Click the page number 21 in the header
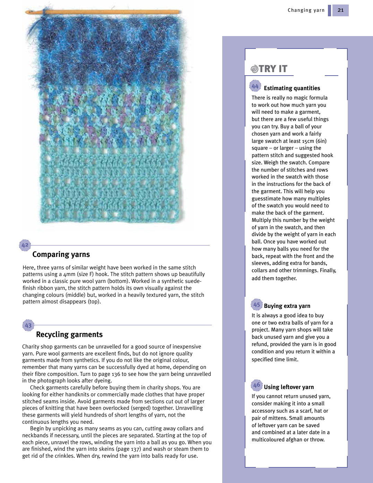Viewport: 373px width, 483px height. click(x=340, y=10)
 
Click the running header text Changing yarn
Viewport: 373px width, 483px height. click(x=306, y=10)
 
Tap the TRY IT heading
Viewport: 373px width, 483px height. click(x=273, y=69)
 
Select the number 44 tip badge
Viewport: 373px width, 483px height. click(x=255, y=86)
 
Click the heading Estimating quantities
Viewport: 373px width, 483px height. click(x=292, y=88)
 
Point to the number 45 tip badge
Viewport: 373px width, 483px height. click(x=257, y=305)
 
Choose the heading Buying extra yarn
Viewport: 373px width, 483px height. click(x=287, y=306)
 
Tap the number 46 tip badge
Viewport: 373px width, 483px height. click(x=257, y=385)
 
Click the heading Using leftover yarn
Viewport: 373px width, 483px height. click(x=289, y=387)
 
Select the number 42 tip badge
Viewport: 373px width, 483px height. click(x=25, y=245)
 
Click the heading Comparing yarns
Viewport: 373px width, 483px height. click(x=61, y=255)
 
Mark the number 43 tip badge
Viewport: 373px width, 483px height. click(x=28, y=325)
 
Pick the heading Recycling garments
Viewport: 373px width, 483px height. click(x=69, y=335)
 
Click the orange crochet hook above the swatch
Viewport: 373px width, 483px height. click(x=104, y=12)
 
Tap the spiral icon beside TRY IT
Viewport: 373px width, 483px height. click(x=254, y=69)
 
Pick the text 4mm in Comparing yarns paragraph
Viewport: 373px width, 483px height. click(x=69, y=274)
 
